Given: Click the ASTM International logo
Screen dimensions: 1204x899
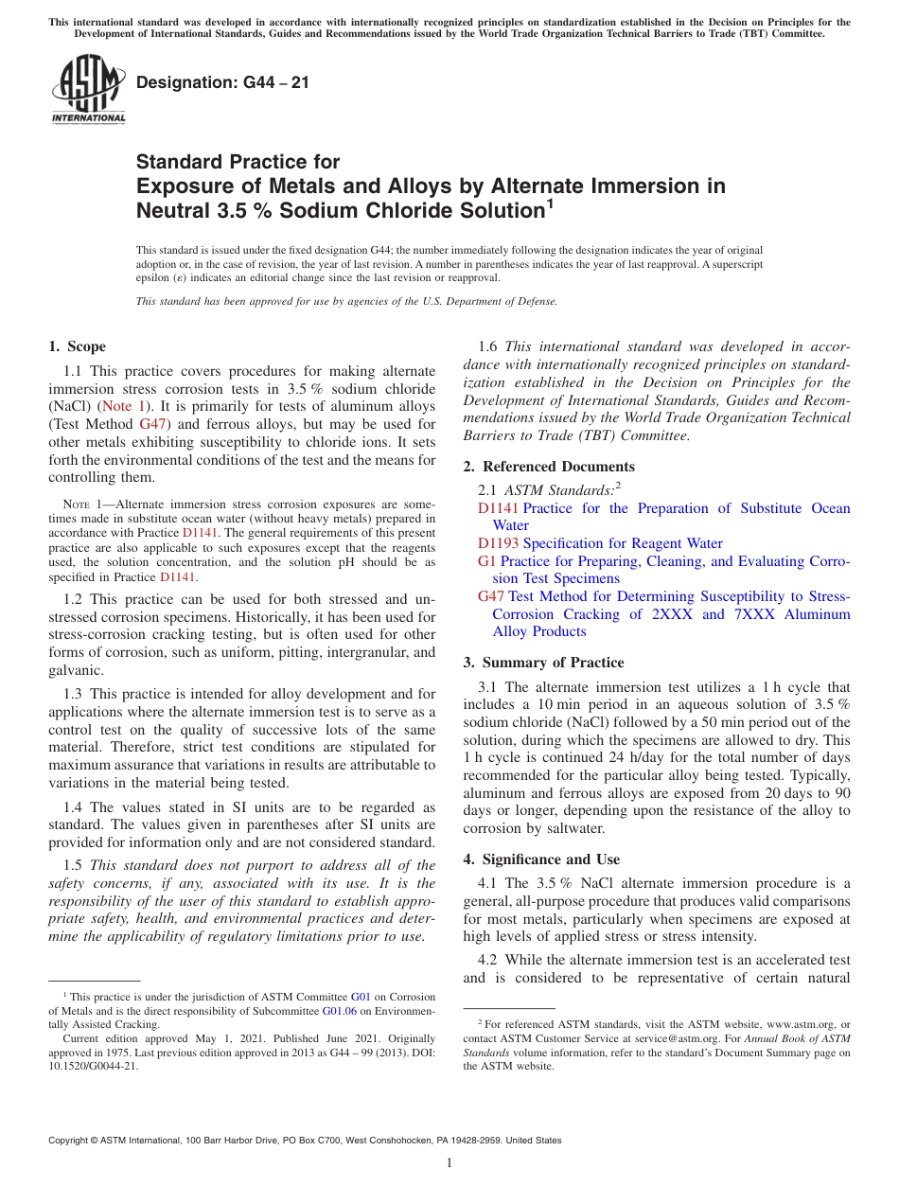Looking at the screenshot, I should pos(88,90).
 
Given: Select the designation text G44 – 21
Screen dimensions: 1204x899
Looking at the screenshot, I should pos(222,83).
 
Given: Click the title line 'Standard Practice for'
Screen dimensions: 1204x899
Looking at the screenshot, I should pos(238,162).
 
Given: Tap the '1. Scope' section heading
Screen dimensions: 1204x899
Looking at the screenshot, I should pos(78,347).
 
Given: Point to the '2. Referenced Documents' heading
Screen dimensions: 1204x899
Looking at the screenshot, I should pos(549,467).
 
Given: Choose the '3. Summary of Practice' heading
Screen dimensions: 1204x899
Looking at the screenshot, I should pos(543,663).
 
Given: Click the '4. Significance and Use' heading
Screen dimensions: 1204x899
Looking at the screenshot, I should pos(541,859).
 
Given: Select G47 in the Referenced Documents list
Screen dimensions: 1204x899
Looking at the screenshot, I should pos(491,596).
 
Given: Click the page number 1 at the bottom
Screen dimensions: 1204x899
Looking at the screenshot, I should pos(449,1163).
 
